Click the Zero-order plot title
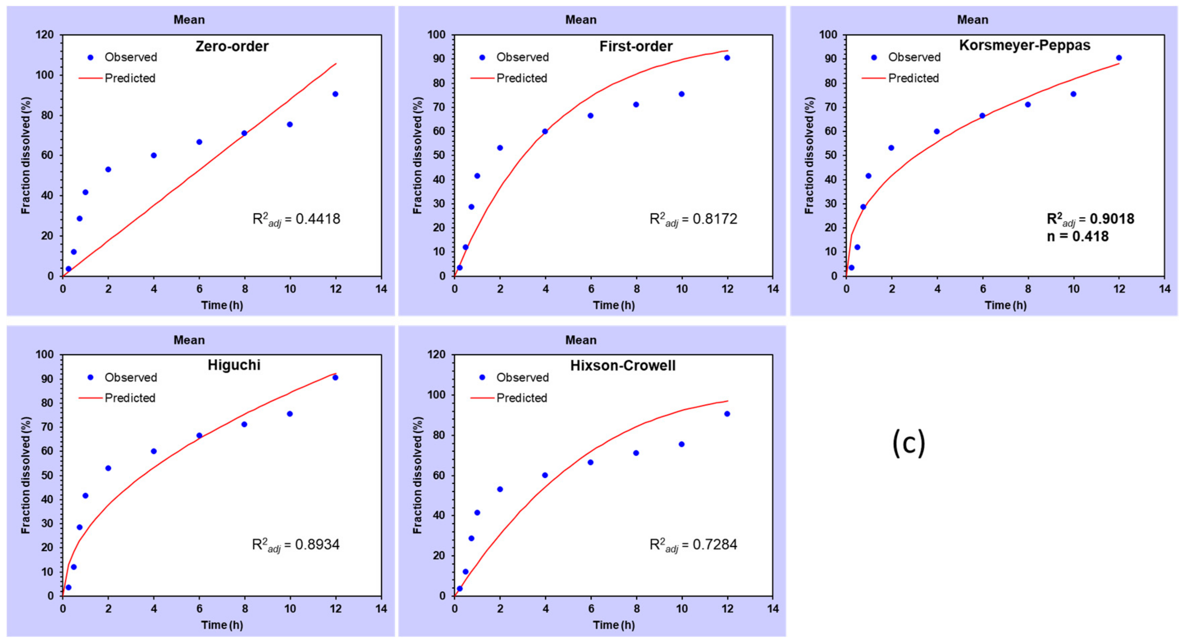click(232, 47)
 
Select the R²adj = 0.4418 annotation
click(296, 219)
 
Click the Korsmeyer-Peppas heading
click(1024, 45)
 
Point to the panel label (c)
click(908, 443)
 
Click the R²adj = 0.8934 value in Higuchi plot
click(296, 545)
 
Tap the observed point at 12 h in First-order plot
click(727, 58)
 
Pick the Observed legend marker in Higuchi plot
click(91, 377)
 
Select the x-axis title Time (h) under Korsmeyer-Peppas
click(1005, 305)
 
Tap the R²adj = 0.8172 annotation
click(693, 219)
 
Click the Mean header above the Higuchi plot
click(189, 340)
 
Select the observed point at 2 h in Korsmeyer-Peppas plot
click(891, 148)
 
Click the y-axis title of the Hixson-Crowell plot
click(417, 476)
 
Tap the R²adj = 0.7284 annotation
click(693, 545)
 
